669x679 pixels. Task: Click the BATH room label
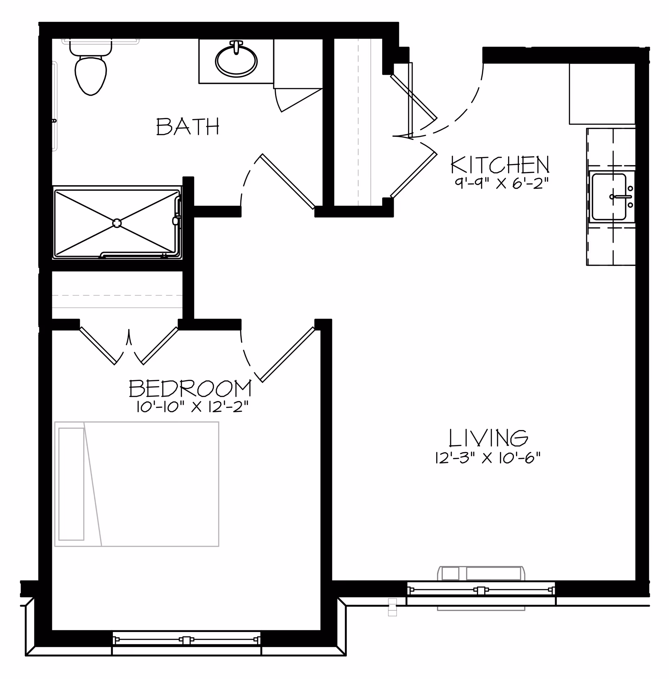(188, 126)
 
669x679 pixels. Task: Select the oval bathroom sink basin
(236, 61)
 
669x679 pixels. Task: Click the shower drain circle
(117, 223)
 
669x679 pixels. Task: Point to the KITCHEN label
(500, 165)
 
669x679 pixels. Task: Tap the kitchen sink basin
(609, 197)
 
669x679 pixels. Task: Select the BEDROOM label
(190, 389)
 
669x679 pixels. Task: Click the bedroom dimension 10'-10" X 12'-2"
(192, 407)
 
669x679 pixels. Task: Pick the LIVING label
(489, 438)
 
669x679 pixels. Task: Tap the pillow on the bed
(71, 484)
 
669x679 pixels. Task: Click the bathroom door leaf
(288, 181)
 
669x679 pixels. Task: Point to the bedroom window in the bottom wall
(186, 640)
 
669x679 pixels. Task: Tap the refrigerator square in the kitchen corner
(602, 94)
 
